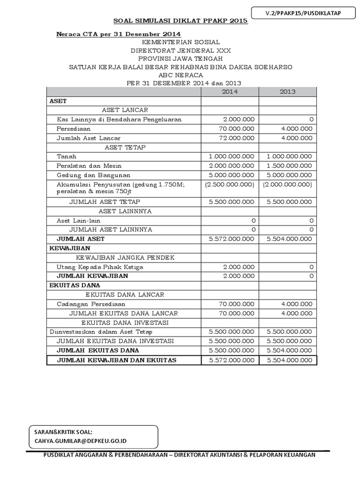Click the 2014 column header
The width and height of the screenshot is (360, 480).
[230, 91]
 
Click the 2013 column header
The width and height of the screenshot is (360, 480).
[288, 91]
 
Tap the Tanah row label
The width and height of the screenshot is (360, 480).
[67, 156]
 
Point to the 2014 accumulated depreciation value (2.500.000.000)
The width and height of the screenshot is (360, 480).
[230, 184]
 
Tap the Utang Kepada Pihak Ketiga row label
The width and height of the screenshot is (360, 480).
[100, 267]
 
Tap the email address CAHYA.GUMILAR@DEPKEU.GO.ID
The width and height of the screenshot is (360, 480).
[81, 441]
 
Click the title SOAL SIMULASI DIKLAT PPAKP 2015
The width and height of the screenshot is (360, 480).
[181, 21]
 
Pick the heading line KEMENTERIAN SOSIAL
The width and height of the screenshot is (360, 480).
[180, 43]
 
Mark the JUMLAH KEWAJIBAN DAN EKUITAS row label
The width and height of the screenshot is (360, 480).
[116, 360]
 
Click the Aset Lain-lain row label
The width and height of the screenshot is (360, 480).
[79, 220]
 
